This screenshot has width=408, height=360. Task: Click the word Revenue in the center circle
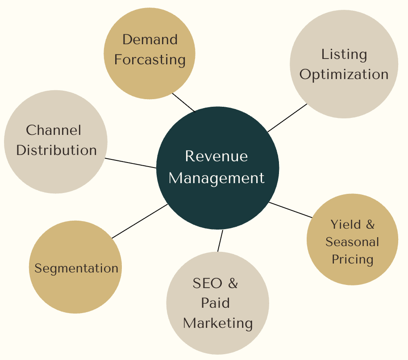tap(216, 156)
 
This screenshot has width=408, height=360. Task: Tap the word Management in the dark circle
tap(216, 178)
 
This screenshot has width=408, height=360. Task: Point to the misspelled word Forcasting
tap(150, 59)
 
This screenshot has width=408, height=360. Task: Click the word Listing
tap(344, 54)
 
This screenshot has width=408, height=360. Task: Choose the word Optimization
tap(344, 74)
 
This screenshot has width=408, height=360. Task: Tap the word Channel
tap(54, 130)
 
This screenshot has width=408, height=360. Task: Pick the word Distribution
tap(56, 150)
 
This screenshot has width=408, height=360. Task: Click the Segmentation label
tap(76, 268)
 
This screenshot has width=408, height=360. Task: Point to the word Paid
tap(215, 303)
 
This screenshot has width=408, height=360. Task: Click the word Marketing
tap(218, 323)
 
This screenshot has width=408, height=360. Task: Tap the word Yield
tap(346, 224)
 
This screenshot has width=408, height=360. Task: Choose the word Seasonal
tap(352, 242)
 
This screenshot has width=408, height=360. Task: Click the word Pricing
tap(352, 260)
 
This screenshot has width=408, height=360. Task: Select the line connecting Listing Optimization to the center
tap(287, 118)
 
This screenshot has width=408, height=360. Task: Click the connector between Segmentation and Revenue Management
tap(140, 221)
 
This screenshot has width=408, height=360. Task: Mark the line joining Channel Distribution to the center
tap(130, 163)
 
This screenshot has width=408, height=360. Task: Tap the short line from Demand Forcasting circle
tap(183, 102)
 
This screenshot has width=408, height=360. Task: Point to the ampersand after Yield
tap(370, 224)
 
